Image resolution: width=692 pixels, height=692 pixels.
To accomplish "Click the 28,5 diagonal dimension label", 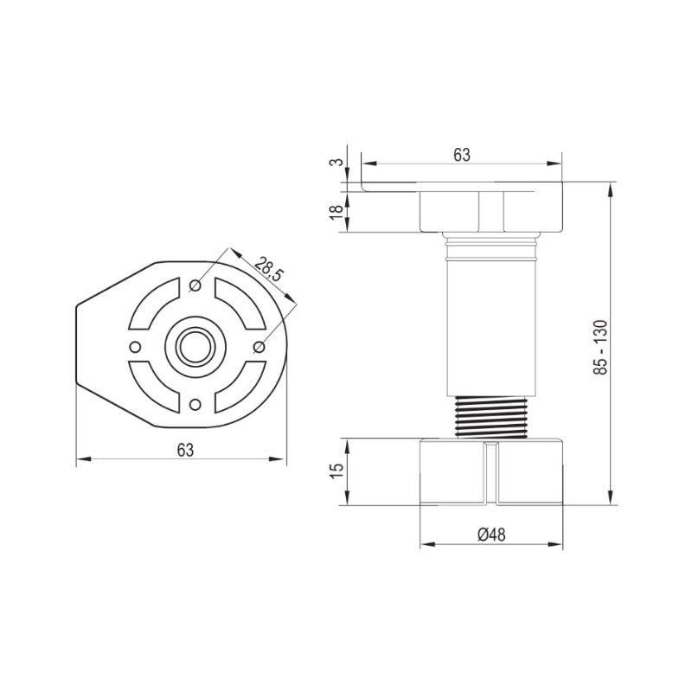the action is click(x=268, y=268).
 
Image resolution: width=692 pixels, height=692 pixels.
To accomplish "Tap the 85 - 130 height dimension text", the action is click(x=600, y=348).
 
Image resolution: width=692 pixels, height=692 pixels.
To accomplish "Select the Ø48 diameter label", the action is click(x=491, y=535).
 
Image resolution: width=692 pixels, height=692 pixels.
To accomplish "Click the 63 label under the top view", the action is click(x=185, y=450).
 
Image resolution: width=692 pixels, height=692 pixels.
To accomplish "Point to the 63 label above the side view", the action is click(x=462, y=155).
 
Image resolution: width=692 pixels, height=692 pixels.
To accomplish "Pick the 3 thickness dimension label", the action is click(x=336, y=162).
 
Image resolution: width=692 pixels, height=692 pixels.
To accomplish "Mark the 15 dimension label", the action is click(x=336, y=471).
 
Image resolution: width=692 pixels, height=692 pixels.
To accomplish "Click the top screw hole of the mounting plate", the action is click(x=195, y=285).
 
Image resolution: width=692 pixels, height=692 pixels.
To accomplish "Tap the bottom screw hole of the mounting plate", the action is click(x=195, y=404).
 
